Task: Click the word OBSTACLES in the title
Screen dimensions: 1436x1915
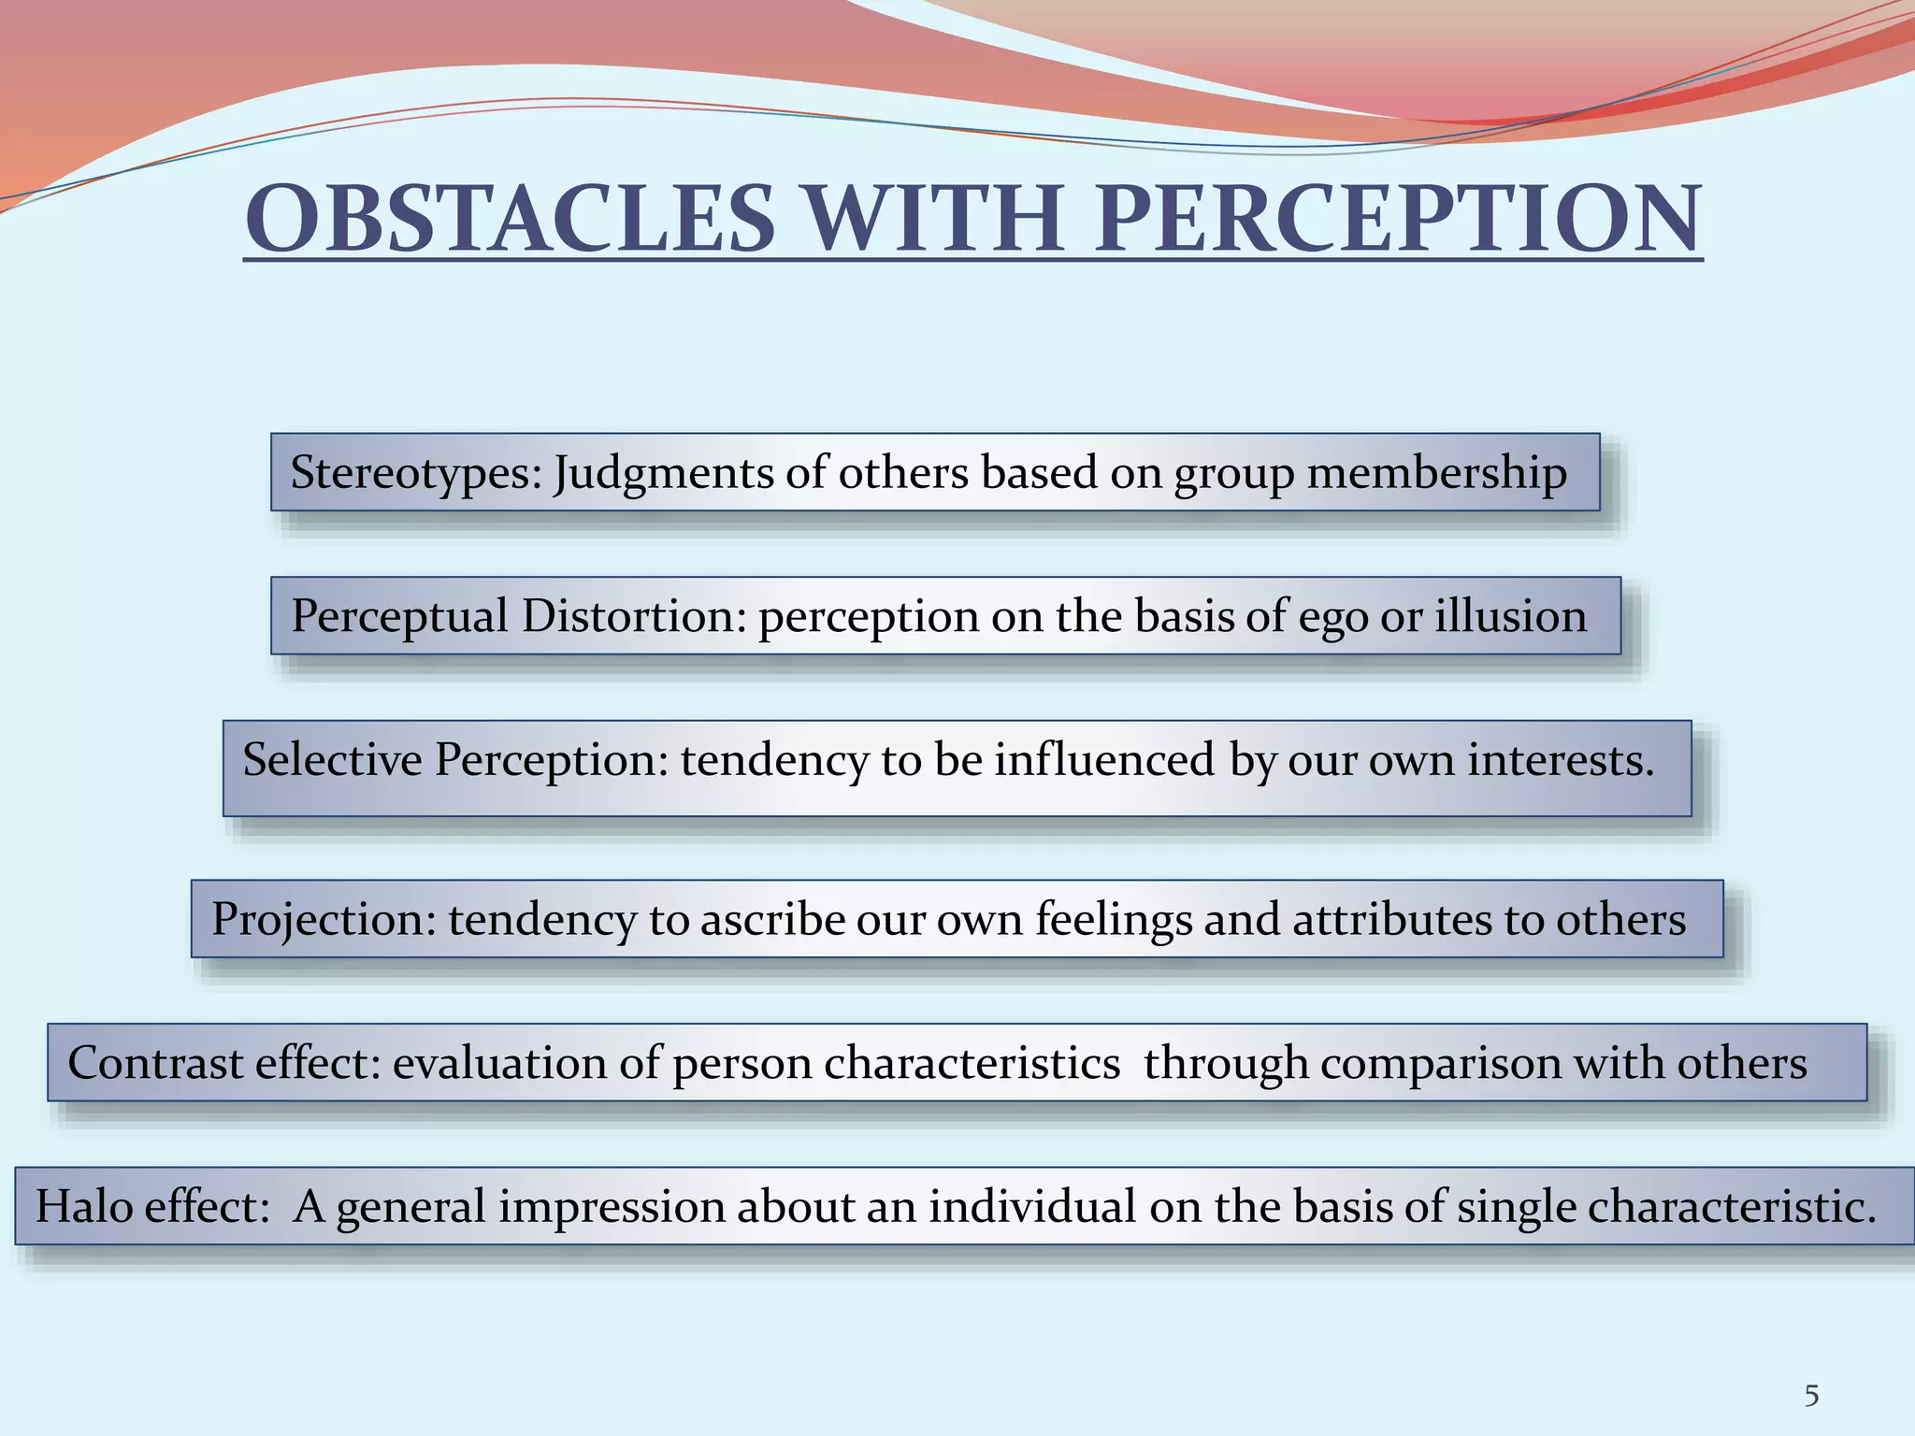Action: pyautogui.click(x=510, y=220)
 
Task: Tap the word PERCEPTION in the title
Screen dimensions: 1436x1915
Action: pyautogui.click(x=1397, y=220)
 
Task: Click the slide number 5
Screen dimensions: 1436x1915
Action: pyautogui.click(x=1811, y=1396)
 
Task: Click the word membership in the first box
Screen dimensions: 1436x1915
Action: pyautogui.click(x=1436, y=473)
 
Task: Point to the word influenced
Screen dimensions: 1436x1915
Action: pyautogui.click(x=1104, y=759)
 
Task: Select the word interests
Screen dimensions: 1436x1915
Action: pyautogui.click(x=1560, y=759)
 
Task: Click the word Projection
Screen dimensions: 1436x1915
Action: pyautogui.click(x=324, y=920)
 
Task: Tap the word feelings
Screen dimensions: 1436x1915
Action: pyautogui.click(x=1113, y=920)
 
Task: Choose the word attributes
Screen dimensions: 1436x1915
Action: pyautogui.click(x=1392, y=920)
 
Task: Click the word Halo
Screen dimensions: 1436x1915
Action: pyautogui.click(x=84, y=1206)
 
